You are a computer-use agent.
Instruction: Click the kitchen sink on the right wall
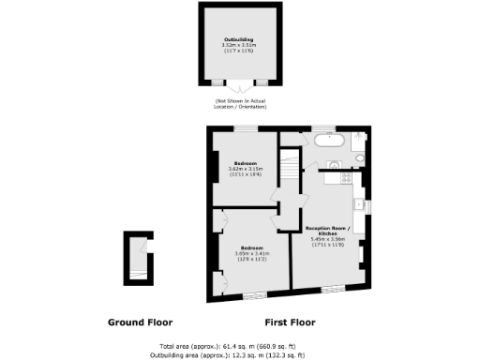[359, 202]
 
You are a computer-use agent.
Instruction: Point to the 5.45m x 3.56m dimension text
[328, 240]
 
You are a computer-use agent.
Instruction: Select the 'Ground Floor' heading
[138, 322]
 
